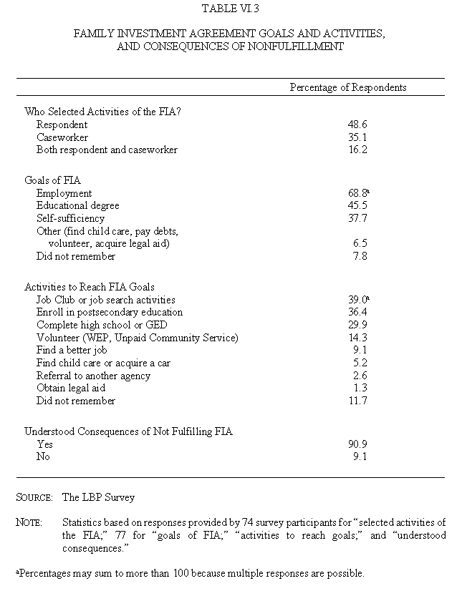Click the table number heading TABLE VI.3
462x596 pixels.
click(x=231, y=10)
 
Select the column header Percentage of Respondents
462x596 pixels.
click(x=348, y=87)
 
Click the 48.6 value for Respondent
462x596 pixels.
click(x=357, y=124)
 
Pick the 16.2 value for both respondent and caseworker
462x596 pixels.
click(x=357, y=150)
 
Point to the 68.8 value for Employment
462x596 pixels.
click(x=357, y=193)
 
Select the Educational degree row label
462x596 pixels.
click(x=78, y=206)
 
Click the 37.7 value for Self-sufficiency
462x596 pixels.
click(x=357, y=218)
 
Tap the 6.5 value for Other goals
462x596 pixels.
click(x=360, y=243)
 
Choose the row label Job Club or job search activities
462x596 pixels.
click(x=106, y=300)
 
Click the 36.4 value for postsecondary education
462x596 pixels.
click(x=357, y=312)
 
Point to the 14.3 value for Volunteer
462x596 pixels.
click(x=357, y=338)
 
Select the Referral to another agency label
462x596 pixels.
click(x=94, y=376)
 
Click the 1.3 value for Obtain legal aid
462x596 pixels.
click(x=360, y=388)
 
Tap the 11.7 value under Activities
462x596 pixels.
click(x=357, y=401)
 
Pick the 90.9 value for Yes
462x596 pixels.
click(x=357, y=444)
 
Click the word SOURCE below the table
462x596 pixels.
click(x=34, y=497)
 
